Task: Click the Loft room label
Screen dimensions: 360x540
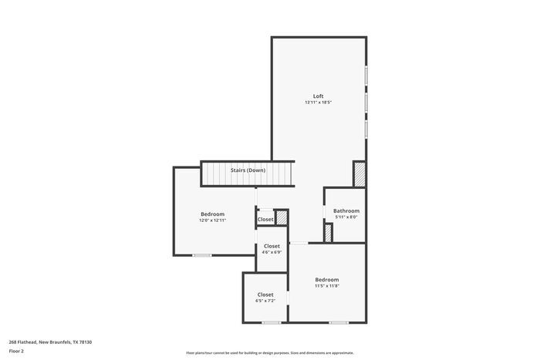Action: click(318, 96)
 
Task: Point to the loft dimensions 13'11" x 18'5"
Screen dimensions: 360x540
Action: click(318, 103)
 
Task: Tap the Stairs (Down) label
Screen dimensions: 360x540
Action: click(248, 170)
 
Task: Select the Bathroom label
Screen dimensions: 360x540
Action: click(346, 210)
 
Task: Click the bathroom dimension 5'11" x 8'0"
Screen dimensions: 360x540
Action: click(346, 217)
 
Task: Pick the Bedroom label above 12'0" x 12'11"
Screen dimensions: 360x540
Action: click(212, 214)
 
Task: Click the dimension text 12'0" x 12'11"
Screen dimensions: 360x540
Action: click(212, 220)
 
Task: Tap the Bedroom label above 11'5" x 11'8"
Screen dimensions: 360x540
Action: click(326, 279)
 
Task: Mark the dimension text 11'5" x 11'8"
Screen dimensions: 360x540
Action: click(326, 286)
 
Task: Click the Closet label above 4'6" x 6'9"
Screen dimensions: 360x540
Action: click(272, 246)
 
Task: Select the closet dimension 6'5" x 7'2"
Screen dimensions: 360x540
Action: click(265, 301)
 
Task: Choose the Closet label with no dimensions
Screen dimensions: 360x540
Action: click(265, 219)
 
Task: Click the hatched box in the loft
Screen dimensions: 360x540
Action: click(359, 173)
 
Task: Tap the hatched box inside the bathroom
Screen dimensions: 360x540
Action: click(328, 234)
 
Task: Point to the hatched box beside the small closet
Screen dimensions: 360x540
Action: click(282, 218)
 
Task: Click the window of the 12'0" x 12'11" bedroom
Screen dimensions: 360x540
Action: click(202, 255)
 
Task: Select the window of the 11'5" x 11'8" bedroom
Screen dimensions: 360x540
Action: click(338, 322)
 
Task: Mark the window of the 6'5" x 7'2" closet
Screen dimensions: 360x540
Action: click(270, 322)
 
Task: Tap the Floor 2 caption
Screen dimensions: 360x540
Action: click(16, 351)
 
